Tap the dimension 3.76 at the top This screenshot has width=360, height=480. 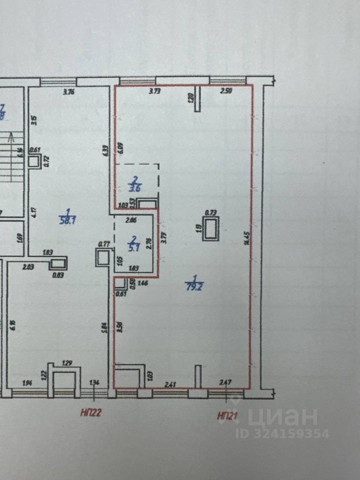(68, 91)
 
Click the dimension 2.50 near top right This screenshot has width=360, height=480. (226, 91)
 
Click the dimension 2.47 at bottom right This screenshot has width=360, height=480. (226, 383)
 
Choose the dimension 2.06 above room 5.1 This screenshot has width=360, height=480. (131, 219)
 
